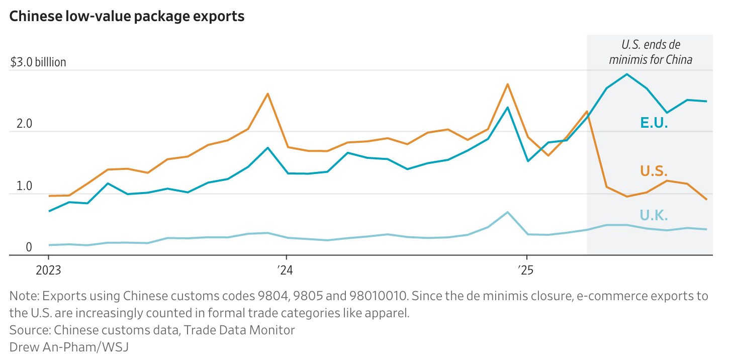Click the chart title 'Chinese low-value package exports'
(127, 16)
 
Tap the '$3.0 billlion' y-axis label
(38, 63)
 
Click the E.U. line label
(654, 122)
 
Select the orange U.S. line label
(654, 171)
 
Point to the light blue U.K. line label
(654, 216)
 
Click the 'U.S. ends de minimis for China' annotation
(651, 52)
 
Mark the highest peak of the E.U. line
(626, 74)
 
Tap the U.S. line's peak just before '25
(508, 84)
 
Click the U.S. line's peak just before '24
(267, 94)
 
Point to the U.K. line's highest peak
(508, 212)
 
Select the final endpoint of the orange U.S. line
(706, 200)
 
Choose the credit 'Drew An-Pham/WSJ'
(69, 347)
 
